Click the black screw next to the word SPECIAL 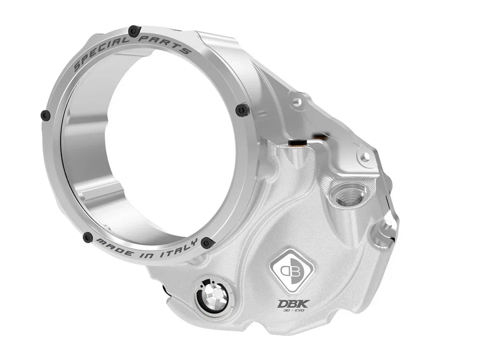pos(133,31)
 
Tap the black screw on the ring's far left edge pos(45,115)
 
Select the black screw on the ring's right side pos(242,109)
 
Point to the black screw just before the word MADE pos(88,237)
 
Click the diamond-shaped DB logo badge pos(291,270)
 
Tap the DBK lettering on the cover pos(293,303)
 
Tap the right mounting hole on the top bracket pos(365,157)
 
